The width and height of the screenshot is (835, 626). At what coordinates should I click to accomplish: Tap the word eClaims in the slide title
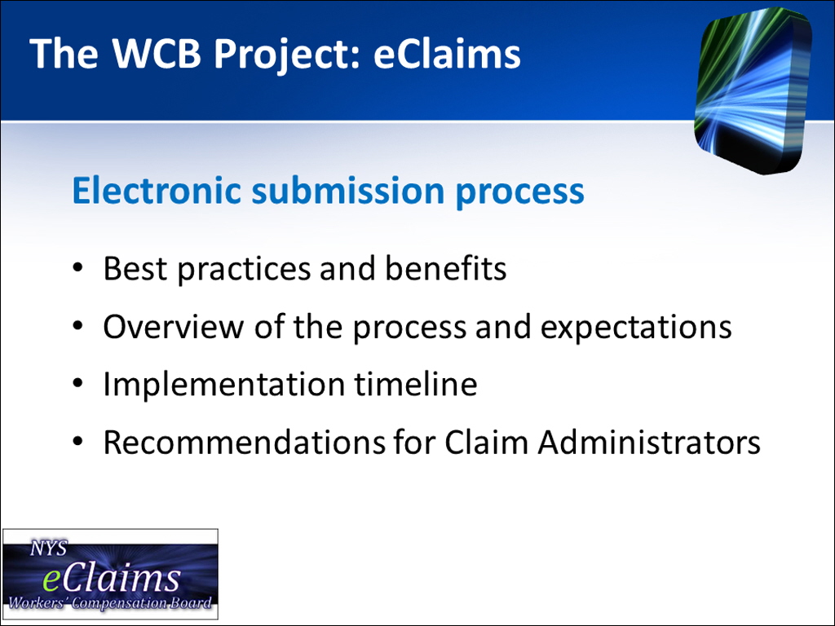[447, 55]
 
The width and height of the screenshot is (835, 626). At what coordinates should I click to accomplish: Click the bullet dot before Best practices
[77, 268]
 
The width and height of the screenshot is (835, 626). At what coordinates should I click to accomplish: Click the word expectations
[635, 327]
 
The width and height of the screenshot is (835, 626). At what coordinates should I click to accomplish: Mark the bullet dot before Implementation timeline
[77, 384]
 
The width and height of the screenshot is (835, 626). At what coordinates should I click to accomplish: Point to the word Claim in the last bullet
[486, 443]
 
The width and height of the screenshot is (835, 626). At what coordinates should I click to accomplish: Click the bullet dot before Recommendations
[77, 443]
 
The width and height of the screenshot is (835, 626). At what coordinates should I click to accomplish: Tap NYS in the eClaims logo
[48, 549]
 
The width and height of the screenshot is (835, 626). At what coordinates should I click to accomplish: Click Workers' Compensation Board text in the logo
[110, 604]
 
